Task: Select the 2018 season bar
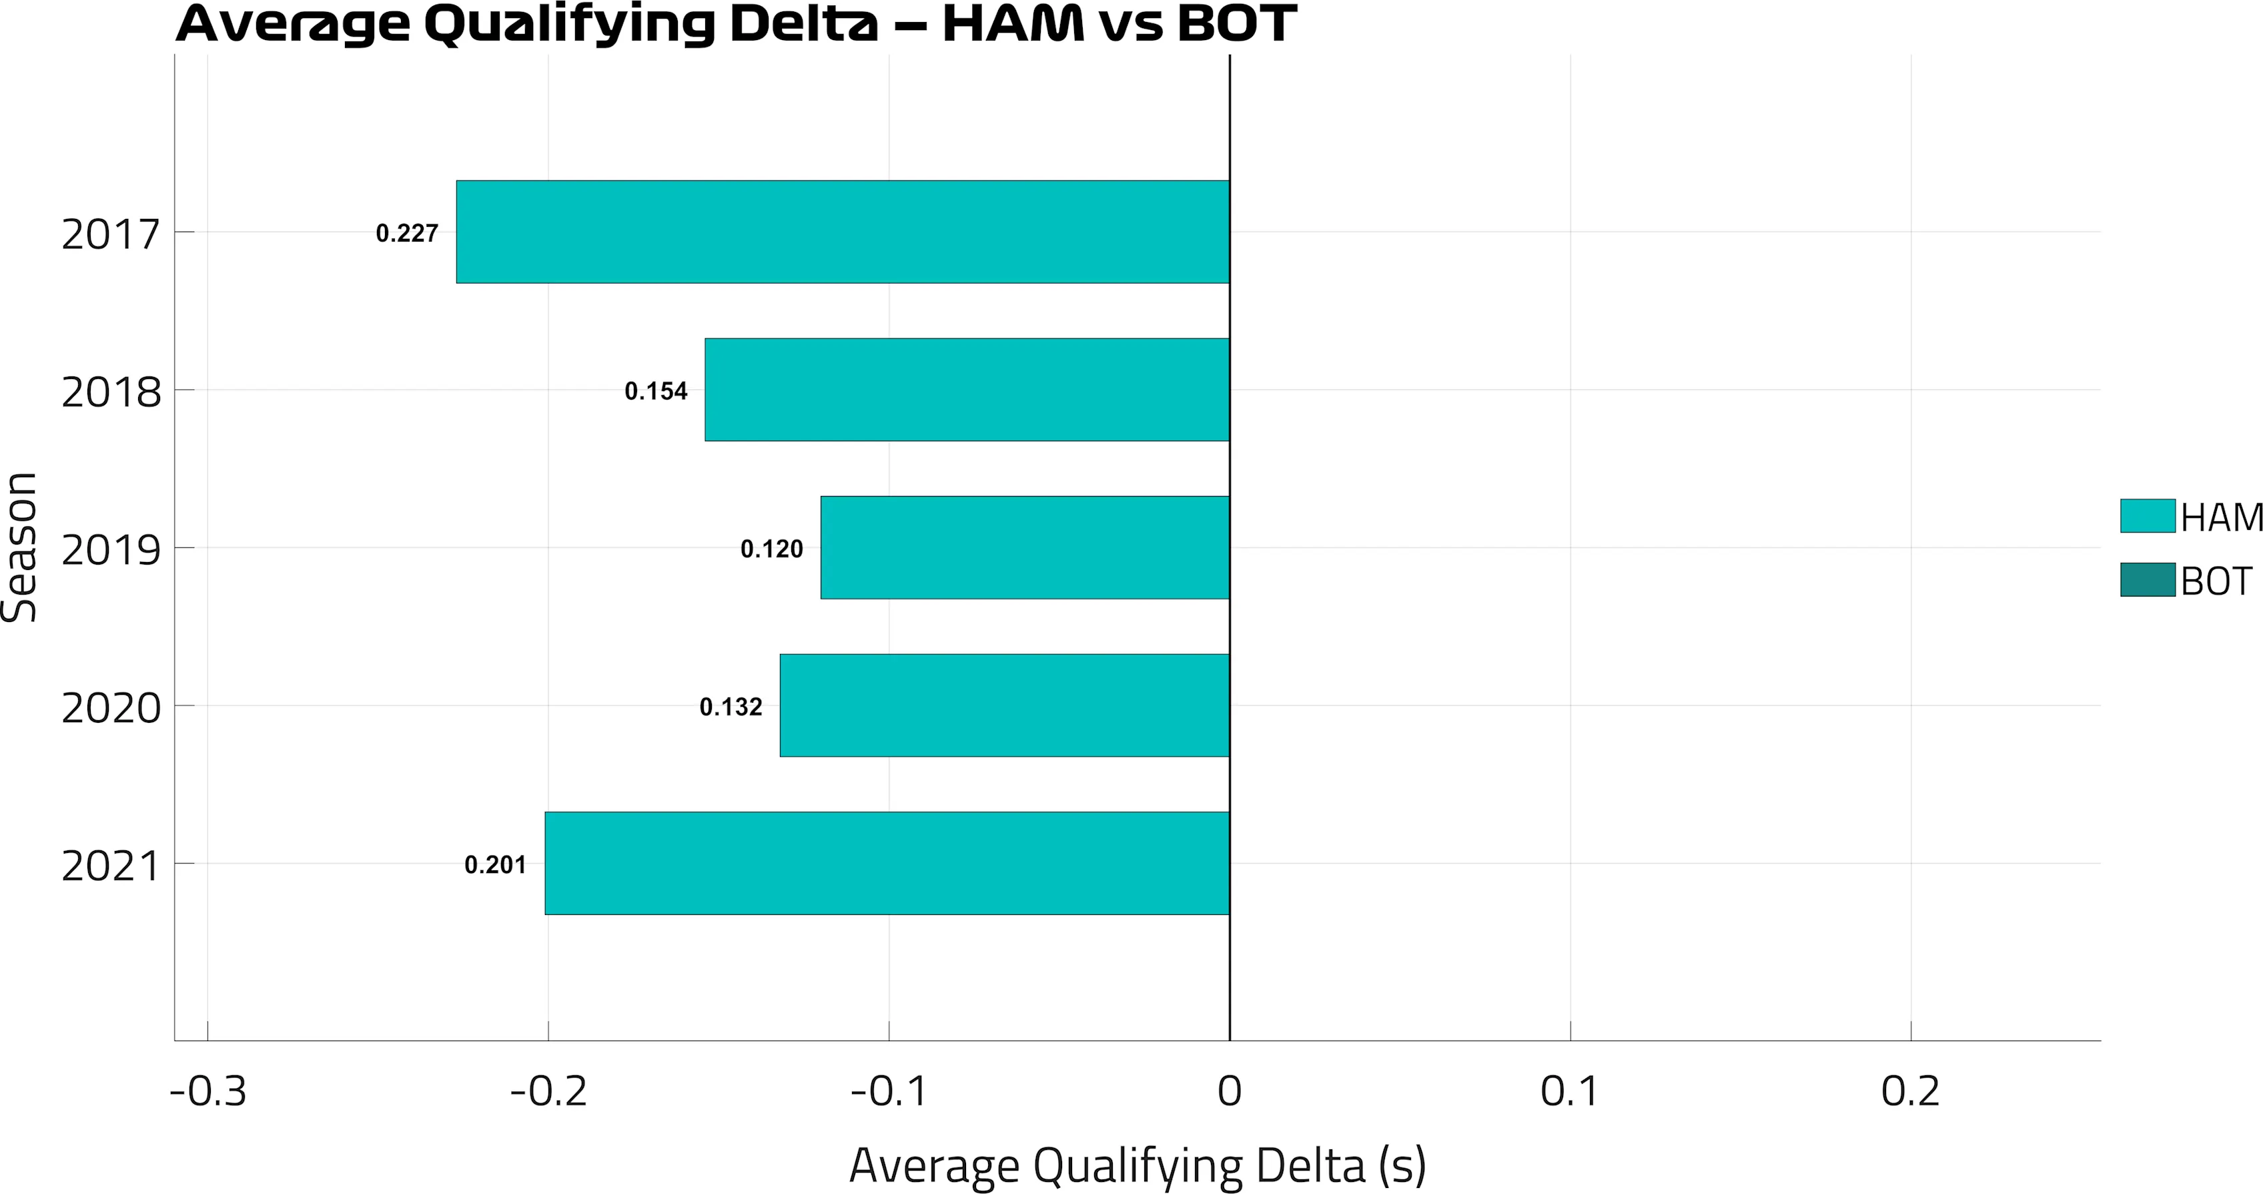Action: (x=966, y=389)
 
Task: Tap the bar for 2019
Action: (x=1024, y=547)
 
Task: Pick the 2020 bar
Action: (x=1004, y=705)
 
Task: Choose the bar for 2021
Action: (x=887, y=863)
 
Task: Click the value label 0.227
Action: (x=407, y=234)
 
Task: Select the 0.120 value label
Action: (x=771, y=549)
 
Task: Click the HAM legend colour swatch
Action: (x=2147, y=516)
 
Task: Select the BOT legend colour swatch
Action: (x=2147, y=580)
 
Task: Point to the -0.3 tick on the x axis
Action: (x=208, y=1091)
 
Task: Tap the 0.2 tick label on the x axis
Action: (x=1911, y=1091)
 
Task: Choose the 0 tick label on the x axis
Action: (x=1229, y=1091)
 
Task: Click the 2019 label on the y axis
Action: (x=111, y=550)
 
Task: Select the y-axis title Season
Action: (x=19, y=547)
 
